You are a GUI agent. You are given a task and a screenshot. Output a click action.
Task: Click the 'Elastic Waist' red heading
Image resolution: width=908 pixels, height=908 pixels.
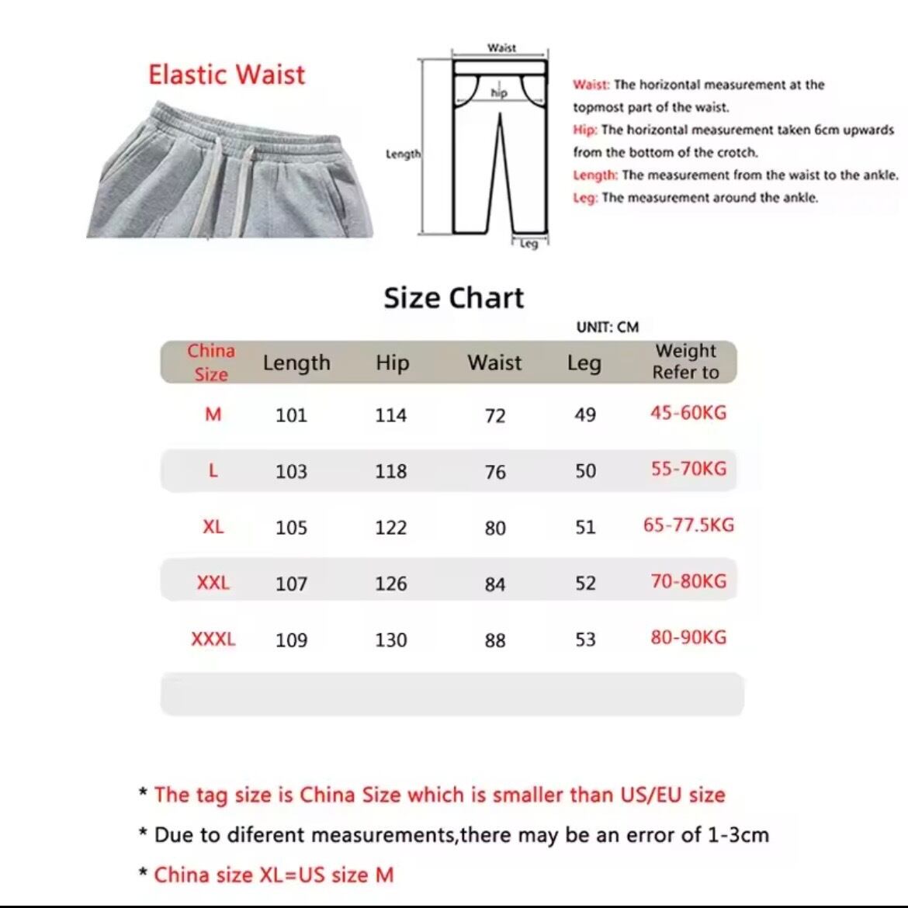227,75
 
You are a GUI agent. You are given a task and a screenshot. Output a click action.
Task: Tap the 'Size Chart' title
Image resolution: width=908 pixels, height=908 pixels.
454,298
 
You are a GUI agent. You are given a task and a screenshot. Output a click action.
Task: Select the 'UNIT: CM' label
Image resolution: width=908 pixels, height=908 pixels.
608,327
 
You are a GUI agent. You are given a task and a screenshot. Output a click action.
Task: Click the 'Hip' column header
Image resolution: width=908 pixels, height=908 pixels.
392,362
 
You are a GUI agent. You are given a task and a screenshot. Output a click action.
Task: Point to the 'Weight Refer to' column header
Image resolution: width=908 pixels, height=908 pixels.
685,362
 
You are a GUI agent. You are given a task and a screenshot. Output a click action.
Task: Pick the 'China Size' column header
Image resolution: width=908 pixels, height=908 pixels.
211,362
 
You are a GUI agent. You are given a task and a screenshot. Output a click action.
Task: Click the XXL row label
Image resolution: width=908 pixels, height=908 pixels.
213,583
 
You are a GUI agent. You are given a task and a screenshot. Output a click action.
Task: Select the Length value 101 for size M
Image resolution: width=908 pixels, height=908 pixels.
291,415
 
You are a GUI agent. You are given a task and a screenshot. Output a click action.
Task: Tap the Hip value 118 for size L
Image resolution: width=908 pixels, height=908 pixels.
390,471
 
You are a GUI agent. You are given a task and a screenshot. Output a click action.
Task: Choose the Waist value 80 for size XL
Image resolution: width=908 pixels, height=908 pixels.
495,528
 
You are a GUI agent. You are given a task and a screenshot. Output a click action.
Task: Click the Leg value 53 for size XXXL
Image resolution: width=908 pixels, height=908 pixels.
585,639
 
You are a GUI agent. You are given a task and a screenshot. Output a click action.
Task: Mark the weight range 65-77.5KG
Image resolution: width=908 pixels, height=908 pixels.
688,525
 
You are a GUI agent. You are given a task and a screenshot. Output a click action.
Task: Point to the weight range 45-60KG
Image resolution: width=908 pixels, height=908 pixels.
688,413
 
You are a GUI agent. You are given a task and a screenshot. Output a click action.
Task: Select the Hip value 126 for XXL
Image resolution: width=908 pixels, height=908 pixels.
390,584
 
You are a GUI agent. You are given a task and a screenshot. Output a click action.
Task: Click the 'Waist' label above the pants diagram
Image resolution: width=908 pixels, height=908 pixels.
501,48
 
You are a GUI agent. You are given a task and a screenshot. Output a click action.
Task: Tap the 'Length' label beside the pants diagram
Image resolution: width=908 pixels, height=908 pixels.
403,154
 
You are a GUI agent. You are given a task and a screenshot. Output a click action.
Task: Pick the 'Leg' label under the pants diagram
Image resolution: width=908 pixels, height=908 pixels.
529,244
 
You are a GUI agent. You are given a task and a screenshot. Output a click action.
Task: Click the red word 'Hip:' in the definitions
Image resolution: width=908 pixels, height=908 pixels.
585,130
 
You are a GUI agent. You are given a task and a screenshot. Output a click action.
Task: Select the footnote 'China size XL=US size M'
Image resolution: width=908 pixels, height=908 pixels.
273,875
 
